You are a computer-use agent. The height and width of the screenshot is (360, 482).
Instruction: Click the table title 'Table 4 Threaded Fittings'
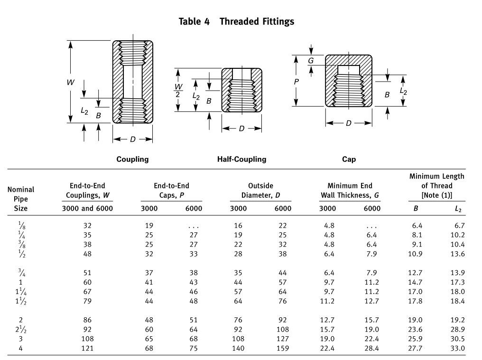click(236, 21)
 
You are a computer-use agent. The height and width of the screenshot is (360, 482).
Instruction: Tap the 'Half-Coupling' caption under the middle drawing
click(241, 159)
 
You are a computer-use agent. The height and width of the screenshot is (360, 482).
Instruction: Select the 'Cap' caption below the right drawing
click(349, 159)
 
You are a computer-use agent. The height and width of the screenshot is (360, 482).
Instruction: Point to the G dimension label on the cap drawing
click(311, 61)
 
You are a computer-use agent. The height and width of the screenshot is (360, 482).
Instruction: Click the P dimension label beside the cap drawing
click(297, 82)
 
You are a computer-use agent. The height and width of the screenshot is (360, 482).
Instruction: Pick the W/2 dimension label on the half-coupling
click(178, 90)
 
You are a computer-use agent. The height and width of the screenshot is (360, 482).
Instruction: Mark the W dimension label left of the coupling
click(70, 82)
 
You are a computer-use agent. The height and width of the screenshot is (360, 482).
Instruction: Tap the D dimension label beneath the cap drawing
click(349, 123)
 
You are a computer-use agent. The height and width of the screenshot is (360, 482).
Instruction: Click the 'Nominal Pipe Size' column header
click(21, 199)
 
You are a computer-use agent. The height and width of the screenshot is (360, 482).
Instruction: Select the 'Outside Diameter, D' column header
click(260, 190)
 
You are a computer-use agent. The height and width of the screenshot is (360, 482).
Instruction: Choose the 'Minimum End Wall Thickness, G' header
click(350, 190)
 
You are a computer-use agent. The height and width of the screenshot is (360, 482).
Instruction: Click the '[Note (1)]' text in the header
click(436, 195)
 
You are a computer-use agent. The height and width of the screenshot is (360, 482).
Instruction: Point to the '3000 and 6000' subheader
click(87, 208)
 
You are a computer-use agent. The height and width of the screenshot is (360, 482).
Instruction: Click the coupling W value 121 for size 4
click(87, 348)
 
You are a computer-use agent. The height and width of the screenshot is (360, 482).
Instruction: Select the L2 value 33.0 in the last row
click(457, 348)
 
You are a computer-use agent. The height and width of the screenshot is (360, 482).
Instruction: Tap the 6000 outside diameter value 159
click(282, 348)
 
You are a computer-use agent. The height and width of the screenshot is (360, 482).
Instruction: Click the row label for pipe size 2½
click(21, 329)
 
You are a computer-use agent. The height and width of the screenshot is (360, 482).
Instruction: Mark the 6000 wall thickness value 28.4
click(371, 348)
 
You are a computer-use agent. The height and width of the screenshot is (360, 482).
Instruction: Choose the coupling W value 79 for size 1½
click(87, 301)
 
